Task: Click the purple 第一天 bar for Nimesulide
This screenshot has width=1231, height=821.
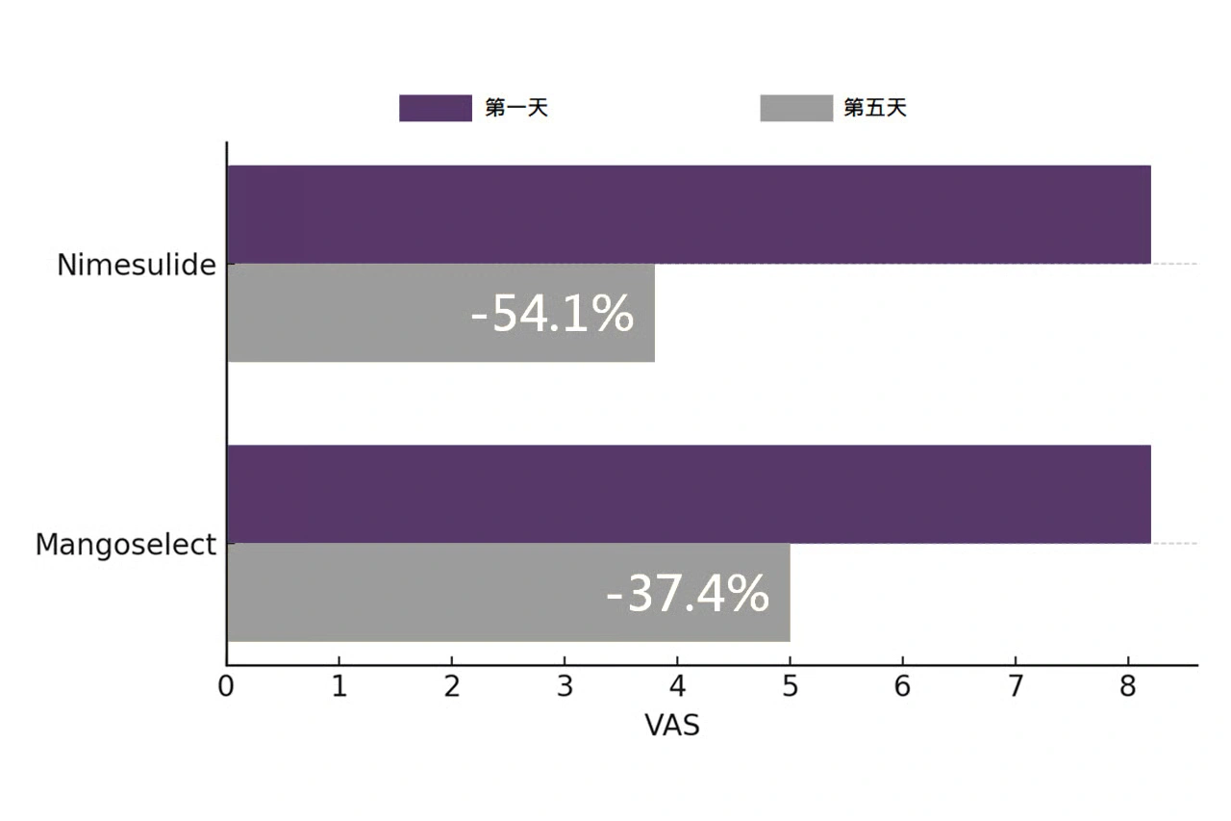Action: pyautogui.click(x=689, y=214)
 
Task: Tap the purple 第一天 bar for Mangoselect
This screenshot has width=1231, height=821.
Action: pyautogui.click(x=689, y=494)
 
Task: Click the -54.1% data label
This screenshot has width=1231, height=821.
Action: pyautogui.click(x=552, y=314)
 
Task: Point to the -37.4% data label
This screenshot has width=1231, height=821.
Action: pyautogui.click(x=688, y=594)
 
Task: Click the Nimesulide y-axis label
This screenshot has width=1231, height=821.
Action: pyautogui.click(x=137, y=266)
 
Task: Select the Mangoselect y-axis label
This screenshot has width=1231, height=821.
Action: pyautogui.click(x=126, y=546)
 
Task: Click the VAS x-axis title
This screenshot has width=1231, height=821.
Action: pyautogui.click(x=672, y=726)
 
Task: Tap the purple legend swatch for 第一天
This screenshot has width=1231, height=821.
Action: pyautogui.click(x=435, y=108)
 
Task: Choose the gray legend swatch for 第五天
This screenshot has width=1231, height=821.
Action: pyautogui.click(x=796, y=108)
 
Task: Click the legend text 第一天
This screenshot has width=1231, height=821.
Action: pyautogui.click(x=516, y=108)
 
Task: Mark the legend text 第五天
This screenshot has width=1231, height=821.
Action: pyautogui.click(x=875, y=108)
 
